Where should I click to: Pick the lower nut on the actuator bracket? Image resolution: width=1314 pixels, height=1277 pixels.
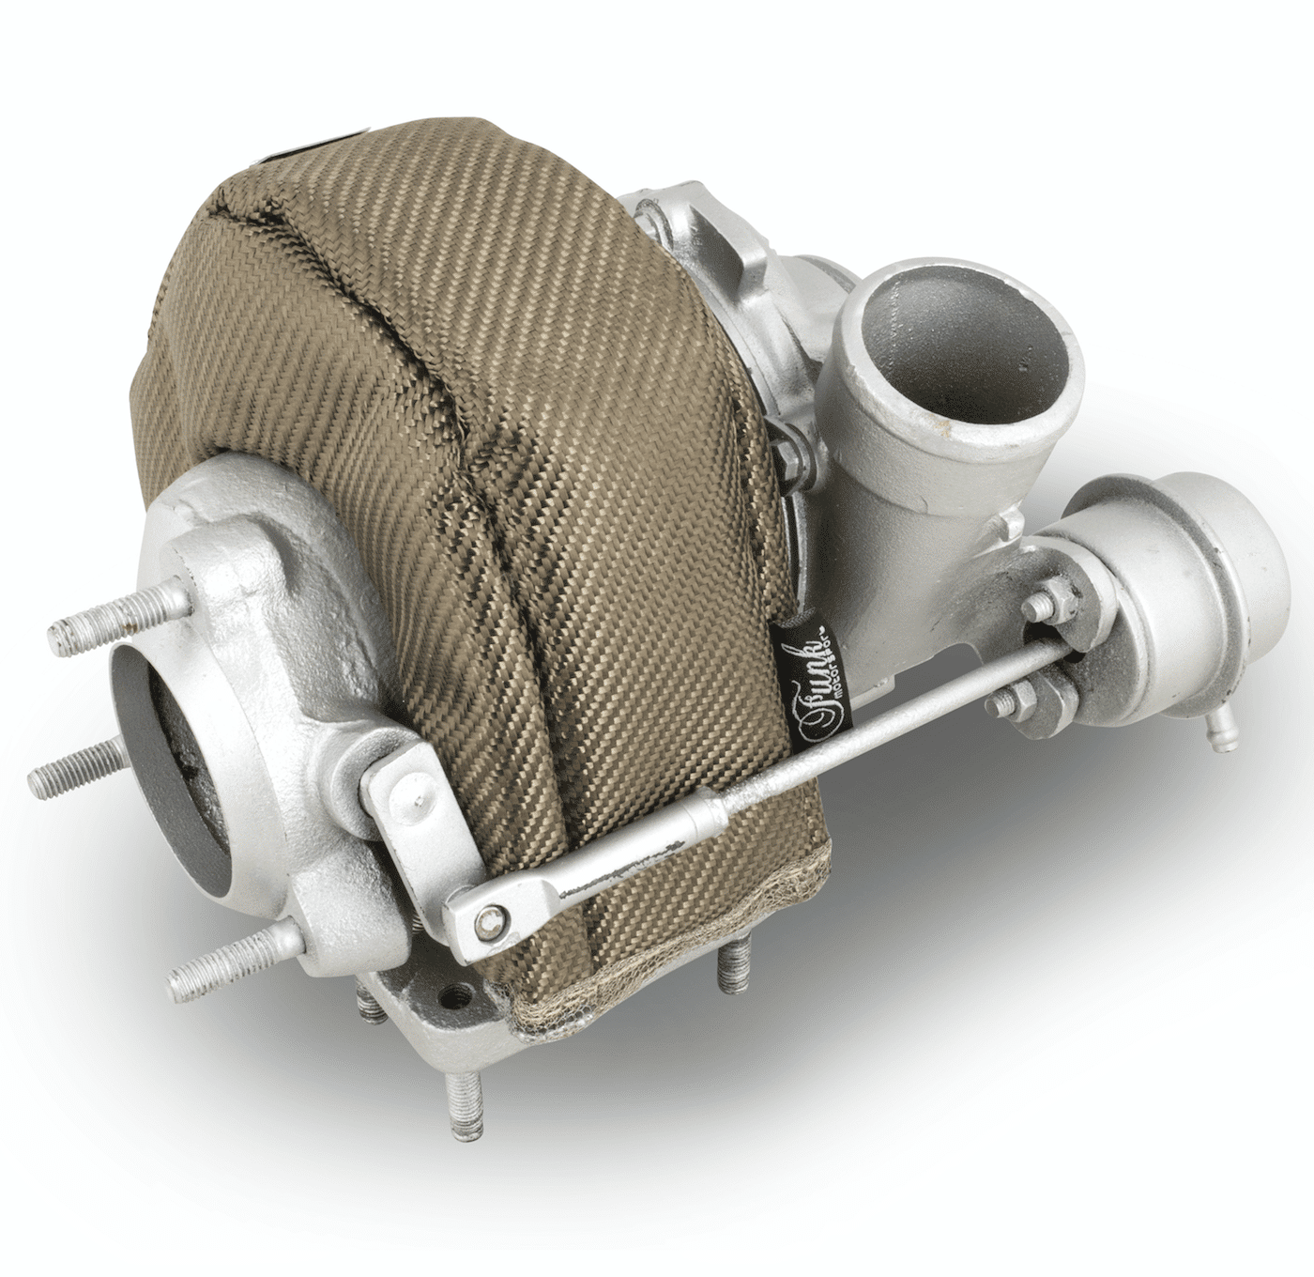[1022, 700]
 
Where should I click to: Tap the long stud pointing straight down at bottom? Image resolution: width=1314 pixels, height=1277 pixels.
[466, 1108]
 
